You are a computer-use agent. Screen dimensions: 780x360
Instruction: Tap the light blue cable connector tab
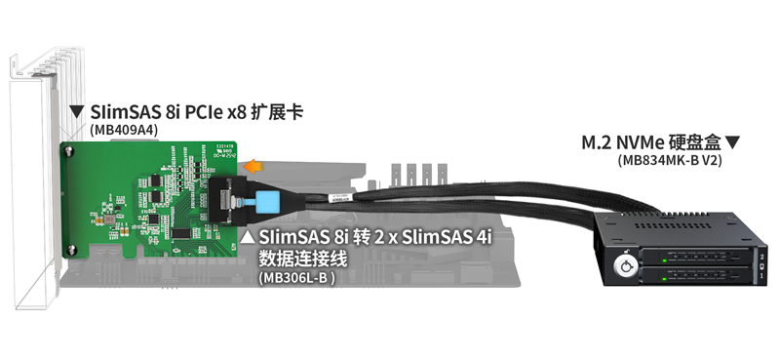tap(266, 202)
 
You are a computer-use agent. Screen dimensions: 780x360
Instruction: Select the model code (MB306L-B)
tap(296, 277)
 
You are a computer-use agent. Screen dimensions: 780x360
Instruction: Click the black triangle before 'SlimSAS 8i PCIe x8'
tap(76, 112)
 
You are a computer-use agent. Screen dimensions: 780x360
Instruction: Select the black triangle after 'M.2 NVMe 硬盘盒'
tap(733, 142)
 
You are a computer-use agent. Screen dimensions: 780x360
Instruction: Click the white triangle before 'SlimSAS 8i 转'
tap(249, 236)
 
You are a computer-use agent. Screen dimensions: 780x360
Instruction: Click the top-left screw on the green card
tap(70, 150)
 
